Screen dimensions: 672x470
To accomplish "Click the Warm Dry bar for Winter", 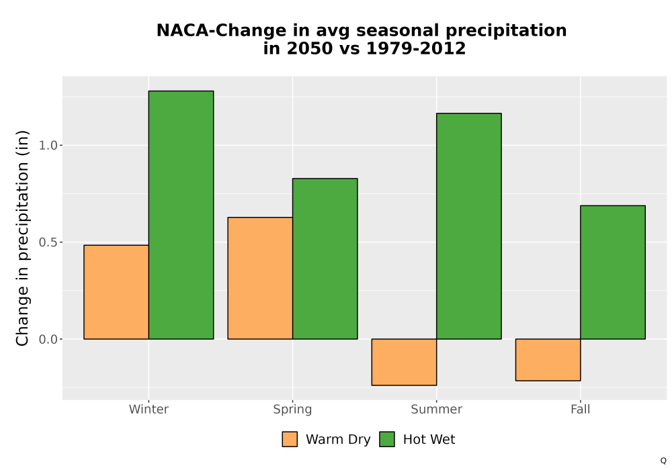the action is [x=116, y=292].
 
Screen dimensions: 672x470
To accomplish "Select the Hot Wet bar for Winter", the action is [x=181, y=215].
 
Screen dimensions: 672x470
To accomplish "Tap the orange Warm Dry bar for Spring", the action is [x=260, y=278].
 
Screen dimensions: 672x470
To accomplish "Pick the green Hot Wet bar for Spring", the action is [x=325, y=258].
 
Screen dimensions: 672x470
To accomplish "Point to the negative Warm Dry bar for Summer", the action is [x=404, y=362].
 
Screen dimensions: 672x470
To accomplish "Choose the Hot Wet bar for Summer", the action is [x=469, y=226].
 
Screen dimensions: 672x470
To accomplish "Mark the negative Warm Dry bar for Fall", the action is [x=548, y=360].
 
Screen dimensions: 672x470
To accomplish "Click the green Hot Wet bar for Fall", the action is [x=613, y=272].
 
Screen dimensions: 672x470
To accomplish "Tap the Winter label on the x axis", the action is [x=149, y=409].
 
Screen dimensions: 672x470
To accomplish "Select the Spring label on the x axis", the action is [x=293, y=410].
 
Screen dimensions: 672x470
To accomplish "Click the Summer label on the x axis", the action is [x=437, y=409].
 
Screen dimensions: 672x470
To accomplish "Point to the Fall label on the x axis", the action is [x=581, y=409].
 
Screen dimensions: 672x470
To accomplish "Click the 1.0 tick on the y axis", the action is [x=48, y=146].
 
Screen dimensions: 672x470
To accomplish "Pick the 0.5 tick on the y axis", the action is [x=48, y=242].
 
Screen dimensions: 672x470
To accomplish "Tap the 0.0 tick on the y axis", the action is [x=48, y=340].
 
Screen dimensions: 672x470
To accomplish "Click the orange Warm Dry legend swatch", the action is [x=290, y=439].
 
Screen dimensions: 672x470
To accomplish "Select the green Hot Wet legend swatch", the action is [x=387, y=439].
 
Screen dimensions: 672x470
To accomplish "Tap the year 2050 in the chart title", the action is [x=310, y=48].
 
